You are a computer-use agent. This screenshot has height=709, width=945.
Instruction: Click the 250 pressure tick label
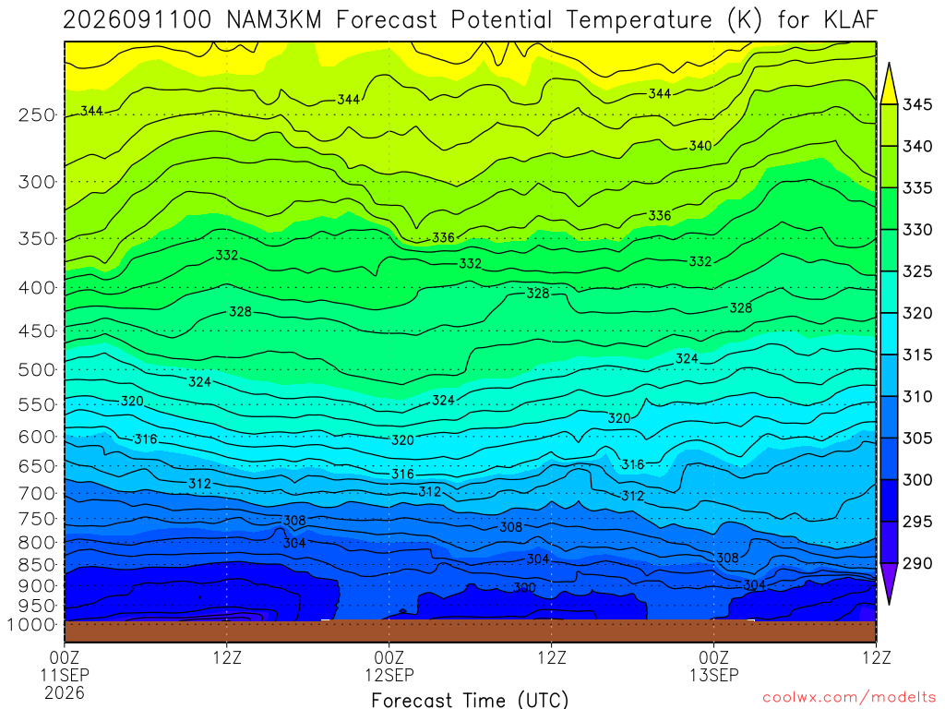pyautogui.click(x=37, y=114)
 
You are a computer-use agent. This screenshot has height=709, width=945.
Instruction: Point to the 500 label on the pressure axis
pyautogui.click(x=37, y=369)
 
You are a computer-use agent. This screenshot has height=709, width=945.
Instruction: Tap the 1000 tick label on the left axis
pyautogui.click(x=32, y=625)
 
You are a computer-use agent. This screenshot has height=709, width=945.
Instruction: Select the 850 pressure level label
pyautogui.click(x=37, y=565)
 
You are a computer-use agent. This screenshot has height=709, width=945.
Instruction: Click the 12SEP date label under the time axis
pyautogui.click(x=389, y=675)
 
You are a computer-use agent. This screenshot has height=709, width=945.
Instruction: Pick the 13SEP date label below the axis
pyautogui.click(x=714, y=675)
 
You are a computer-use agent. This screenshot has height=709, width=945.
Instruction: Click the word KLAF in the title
pyautogui.click(x=850, y=20)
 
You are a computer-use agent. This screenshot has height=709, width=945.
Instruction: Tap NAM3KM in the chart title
pyautogui.click(x=274, y=20)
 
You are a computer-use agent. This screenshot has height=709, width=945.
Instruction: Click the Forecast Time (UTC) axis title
pyautogui.click(x=470, y=700)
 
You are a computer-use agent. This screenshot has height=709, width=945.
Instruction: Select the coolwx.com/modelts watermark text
pyautogui.click(x=849, y=698)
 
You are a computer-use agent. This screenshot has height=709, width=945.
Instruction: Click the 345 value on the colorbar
pyautogui.click(x=917, y=104)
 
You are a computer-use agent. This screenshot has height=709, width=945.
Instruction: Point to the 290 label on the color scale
pyautogui.click(x=917, y=563)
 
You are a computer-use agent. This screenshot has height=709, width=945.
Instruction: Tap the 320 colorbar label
pyautogui.click(x=917, y=313)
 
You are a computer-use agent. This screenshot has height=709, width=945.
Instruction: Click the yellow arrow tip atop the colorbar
pyautogui.click(x=889, y=63)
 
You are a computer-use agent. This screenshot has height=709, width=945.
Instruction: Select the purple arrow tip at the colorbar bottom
pyautogui.click(x=889, y=604)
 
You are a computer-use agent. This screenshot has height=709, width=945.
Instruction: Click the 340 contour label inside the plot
pyautogui.click(x=700, y=145)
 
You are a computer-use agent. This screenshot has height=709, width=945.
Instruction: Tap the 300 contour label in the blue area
pyautogui.click(x=524, y=587)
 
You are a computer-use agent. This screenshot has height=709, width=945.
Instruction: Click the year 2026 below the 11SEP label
pyautogui.click(x=65, y=692)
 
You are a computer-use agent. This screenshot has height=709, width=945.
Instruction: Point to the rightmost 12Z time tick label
pyautogui.click(x=877, y=657)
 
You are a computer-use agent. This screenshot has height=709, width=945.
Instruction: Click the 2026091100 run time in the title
pyautogui.click(x=138, y=20)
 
